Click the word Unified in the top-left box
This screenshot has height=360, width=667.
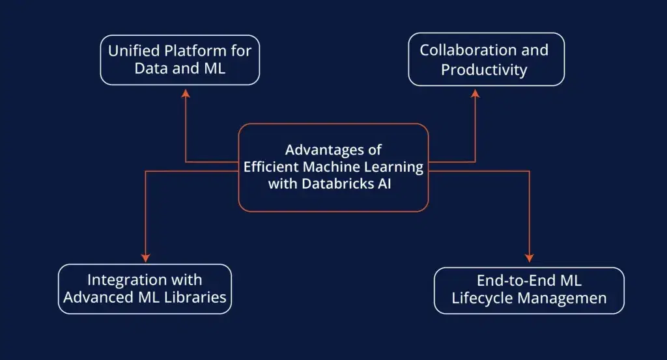click(x=134, y=51)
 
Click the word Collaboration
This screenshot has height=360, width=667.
click(x=468, y=50)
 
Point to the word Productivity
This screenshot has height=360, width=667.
click(x=484, y=70)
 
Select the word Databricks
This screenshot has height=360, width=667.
click(x=337, y=184)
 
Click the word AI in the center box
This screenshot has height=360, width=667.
click(x=384, y=184)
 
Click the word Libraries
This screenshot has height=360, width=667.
click(x=195, y=297)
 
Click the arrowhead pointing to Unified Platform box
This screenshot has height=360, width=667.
click(x=186, y=93)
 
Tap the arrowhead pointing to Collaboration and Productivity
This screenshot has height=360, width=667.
click(x=475, y=93)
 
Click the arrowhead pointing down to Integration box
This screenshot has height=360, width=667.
click(x=145, y=258)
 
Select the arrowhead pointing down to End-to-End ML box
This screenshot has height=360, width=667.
click(x=529, y=258)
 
